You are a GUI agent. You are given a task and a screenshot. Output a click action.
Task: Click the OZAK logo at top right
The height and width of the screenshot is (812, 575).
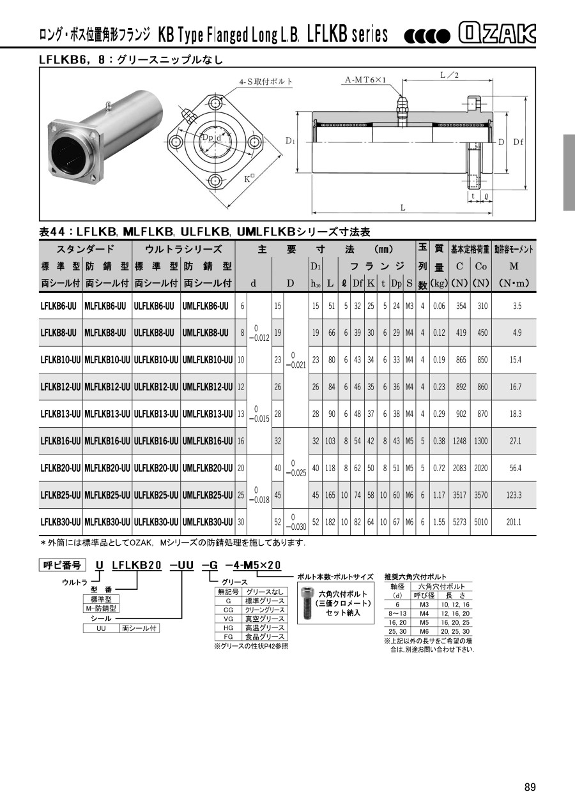pyautogui.click(x=497, y=33)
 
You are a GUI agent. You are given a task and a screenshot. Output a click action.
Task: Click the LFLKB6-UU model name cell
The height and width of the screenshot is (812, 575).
pyautogui.click(x=58, y=306)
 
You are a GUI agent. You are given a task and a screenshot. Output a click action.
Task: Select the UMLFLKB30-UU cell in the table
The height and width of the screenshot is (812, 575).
pyautogui.click(x=208, y=522)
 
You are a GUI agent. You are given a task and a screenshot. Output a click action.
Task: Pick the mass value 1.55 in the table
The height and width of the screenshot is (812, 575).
pyautogui.click(x=439, y=522)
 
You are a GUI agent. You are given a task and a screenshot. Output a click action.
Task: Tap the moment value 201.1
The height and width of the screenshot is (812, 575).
pyautogui.click(x=514, y=522)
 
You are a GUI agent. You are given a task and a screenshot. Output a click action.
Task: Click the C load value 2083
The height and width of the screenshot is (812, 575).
pyautogui.click(x=459, y=468)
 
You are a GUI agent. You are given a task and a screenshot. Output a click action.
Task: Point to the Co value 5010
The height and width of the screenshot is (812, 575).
pyautogui.click(x=481, y=522)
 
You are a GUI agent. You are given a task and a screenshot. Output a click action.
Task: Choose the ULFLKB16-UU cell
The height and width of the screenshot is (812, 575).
pyautogui.click(x=156, y=441)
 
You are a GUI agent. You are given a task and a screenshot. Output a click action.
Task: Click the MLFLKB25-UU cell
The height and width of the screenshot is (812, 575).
pyautogui.click(x=107, y=495)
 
